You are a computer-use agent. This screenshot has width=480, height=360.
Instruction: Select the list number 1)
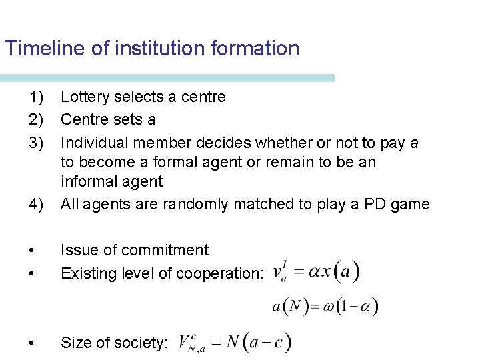(x=37, y=97)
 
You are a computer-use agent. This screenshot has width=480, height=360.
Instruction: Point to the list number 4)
(x=37, y=204)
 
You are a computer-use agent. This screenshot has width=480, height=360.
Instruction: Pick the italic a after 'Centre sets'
(x=151, y=120)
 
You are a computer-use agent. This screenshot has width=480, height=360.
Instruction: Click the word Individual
(x=91, y=143)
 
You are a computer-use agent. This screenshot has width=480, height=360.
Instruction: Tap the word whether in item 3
(x=260, y=143)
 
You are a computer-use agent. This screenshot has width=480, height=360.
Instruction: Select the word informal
(x=89, y=181)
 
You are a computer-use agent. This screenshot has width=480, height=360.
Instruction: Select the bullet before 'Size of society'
(x=33, y=343)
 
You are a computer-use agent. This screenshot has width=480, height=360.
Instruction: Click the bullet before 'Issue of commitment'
(x=33, y=250)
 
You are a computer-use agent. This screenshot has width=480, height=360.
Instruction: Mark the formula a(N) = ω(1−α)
(x=325, y=307)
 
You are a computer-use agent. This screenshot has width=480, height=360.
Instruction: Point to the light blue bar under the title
(x=167, y=78)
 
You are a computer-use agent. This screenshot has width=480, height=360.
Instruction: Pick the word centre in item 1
(x=204, y=97)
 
